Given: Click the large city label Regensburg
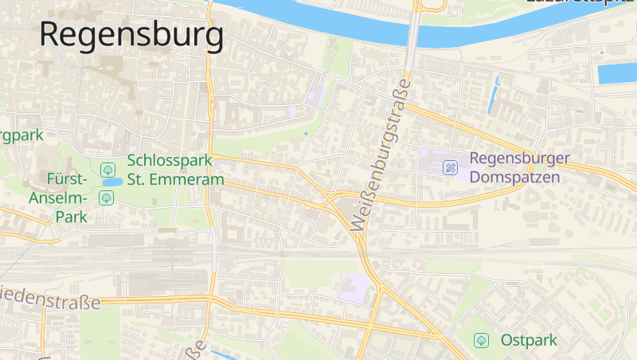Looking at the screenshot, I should [131, 36].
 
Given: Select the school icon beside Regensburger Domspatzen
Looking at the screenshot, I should [451, 168].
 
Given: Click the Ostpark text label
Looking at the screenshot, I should [529, 340].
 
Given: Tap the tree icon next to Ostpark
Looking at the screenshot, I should [481, 340].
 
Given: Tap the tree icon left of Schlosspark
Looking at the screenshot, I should [107, 169].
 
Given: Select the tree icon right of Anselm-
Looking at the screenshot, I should [107, 198].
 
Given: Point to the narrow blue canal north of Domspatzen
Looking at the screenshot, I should [494, 96].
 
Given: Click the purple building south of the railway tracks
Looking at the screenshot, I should [355, 288].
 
